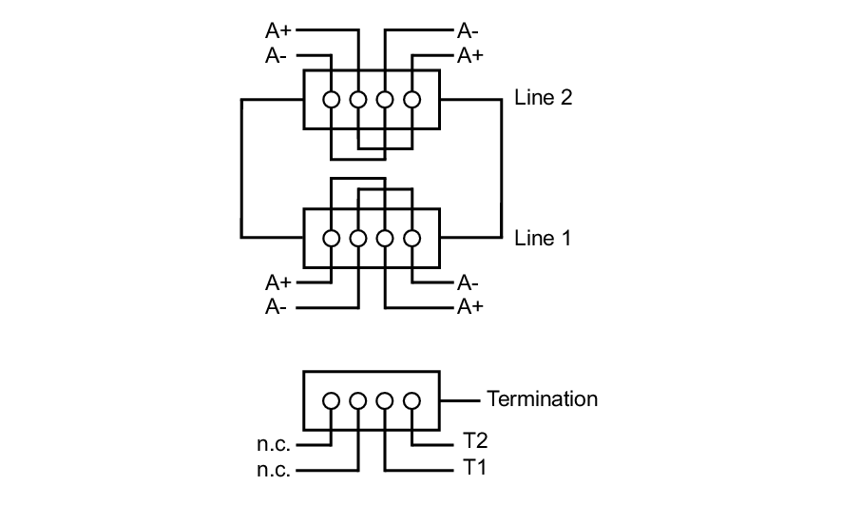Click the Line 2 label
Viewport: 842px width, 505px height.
(x=543, y=98)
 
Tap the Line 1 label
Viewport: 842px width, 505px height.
(x=543, y=238)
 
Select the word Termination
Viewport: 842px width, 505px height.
(x=542, y=398)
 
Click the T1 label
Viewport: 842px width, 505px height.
(x=474, y=469)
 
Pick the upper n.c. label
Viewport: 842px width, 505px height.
(x=276, y=444)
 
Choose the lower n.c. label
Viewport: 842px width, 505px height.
(x=276, y=469)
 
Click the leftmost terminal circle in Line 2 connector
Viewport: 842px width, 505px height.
(x=331, y=99)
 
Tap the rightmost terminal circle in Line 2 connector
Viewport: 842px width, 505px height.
(x=411, y=99)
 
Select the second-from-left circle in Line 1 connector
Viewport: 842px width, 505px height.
(x=357, y=239)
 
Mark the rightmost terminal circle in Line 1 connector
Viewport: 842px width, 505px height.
(x=411, y=239)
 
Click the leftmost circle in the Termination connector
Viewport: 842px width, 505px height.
(x=331, y=400)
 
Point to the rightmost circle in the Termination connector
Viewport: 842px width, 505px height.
(x=411, y=400)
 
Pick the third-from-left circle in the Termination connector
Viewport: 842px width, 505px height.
(x=385, y=400)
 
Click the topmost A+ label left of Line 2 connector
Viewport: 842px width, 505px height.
(x=278, y=30)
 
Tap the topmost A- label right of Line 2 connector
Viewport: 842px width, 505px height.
(x=468, y=30)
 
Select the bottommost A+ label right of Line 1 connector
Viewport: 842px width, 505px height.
(x=470, y=307)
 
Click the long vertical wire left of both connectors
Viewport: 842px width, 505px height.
(x=241, y=167)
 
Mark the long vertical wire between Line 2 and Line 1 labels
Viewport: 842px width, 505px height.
(x=501, y=167)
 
